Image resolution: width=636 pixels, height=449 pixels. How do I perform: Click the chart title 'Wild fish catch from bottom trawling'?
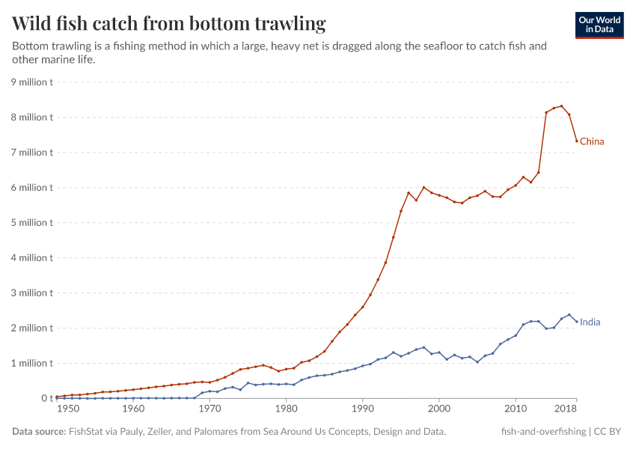pyautogui.click(x=169, y=23)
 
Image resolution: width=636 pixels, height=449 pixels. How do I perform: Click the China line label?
pyautogui.click(x=592, y=141)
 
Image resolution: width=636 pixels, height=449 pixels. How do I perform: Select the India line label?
pyautogui.click(x=590, y=322)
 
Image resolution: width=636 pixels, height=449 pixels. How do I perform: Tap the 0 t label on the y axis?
pyautogui.click(x=46, y=398)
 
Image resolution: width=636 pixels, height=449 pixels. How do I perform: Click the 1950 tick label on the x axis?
pyautogui.click(x=67, y=409)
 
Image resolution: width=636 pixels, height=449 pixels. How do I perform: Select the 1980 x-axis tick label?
pyautogui.click(x=286, y=409)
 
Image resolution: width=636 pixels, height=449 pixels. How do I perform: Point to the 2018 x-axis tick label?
pyautogui.click(x=566, y=409)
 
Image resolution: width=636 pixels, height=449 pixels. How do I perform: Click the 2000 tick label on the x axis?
pyautogui.click(x=439, y=409)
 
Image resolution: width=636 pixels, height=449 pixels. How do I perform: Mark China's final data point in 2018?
pyautogui.click(x=576, y=141)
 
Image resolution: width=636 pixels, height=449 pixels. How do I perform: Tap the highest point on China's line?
pyautogui.click(x=561, y=106)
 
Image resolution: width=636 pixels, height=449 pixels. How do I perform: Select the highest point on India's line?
pyautogui.click(x=569, y=315)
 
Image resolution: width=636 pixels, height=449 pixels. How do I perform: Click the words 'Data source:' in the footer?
pyautogui.click(x=38, y=432)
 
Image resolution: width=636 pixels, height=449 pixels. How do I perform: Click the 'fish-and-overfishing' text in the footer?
pyautogui.click(x=543, y=432)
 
